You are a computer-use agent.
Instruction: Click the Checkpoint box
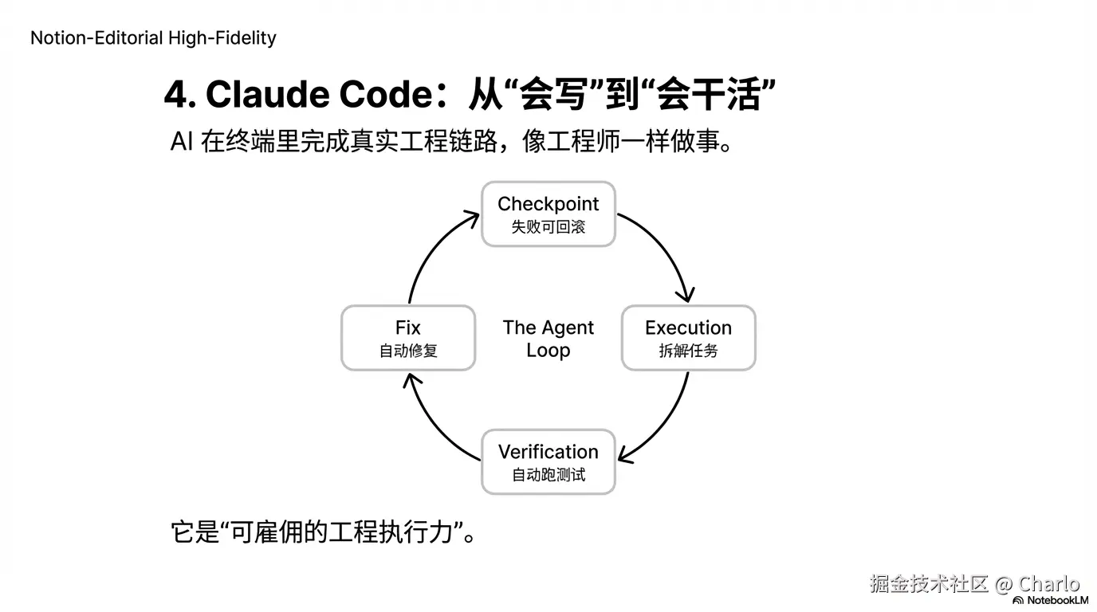coord(548,214)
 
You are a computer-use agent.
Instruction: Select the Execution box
coord(688,338)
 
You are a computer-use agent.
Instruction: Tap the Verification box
coord(548,461)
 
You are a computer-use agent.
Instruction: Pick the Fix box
coord(408,338)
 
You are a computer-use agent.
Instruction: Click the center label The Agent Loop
coord(548,339)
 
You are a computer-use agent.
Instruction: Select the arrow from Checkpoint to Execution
coord(666,247)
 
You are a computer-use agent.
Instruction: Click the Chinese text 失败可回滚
coord(548,227)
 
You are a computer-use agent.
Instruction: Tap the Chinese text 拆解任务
coord(688,351)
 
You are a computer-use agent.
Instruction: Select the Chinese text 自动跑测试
coord(548,475)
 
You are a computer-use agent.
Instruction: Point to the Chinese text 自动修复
coord(408,351)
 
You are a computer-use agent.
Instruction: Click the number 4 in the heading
coord(175,95)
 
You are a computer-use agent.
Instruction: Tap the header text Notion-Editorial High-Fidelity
coord(153,37)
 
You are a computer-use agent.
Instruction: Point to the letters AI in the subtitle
coord(182,142)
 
